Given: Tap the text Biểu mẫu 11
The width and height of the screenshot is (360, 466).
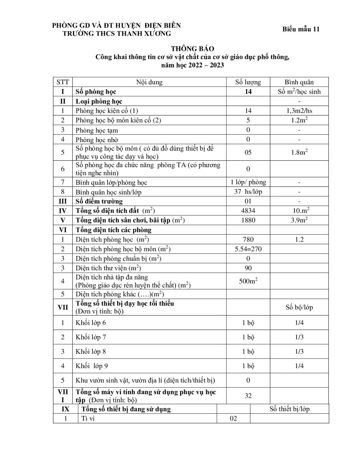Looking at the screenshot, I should (x=301, y=30).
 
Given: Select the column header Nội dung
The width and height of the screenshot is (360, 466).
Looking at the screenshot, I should (x=149, y=82).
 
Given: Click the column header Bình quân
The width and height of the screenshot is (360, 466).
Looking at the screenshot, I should (x=299, y=82).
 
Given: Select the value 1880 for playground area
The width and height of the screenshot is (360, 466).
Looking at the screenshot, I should (x=248, y=220).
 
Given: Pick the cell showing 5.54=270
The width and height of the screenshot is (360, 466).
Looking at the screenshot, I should (x=248, y=249).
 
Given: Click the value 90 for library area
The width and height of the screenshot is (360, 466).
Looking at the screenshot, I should (x=248, y=268).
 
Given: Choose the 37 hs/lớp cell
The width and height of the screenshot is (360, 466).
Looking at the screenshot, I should (x=248, y=192).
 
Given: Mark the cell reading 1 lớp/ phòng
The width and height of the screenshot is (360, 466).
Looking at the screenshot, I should (x=248, y=182).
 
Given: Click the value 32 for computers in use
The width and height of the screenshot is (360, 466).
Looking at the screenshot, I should (x=248, y=396).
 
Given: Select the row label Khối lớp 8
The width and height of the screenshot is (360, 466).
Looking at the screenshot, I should (x=91, y=351).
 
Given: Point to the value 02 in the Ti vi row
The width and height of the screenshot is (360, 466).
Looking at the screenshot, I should (x=233, y=419).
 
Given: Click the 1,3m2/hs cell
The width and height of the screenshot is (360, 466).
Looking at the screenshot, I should (x=299, y=111).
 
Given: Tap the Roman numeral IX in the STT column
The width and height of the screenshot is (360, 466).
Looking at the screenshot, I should (x=66, y=409).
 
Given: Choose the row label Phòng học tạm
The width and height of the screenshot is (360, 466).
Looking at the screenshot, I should (x=97, y=130).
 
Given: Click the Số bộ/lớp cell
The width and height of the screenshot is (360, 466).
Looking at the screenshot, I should (x=299, y=308).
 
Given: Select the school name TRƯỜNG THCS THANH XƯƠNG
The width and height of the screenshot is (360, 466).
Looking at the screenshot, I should (x=117, y=34).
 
